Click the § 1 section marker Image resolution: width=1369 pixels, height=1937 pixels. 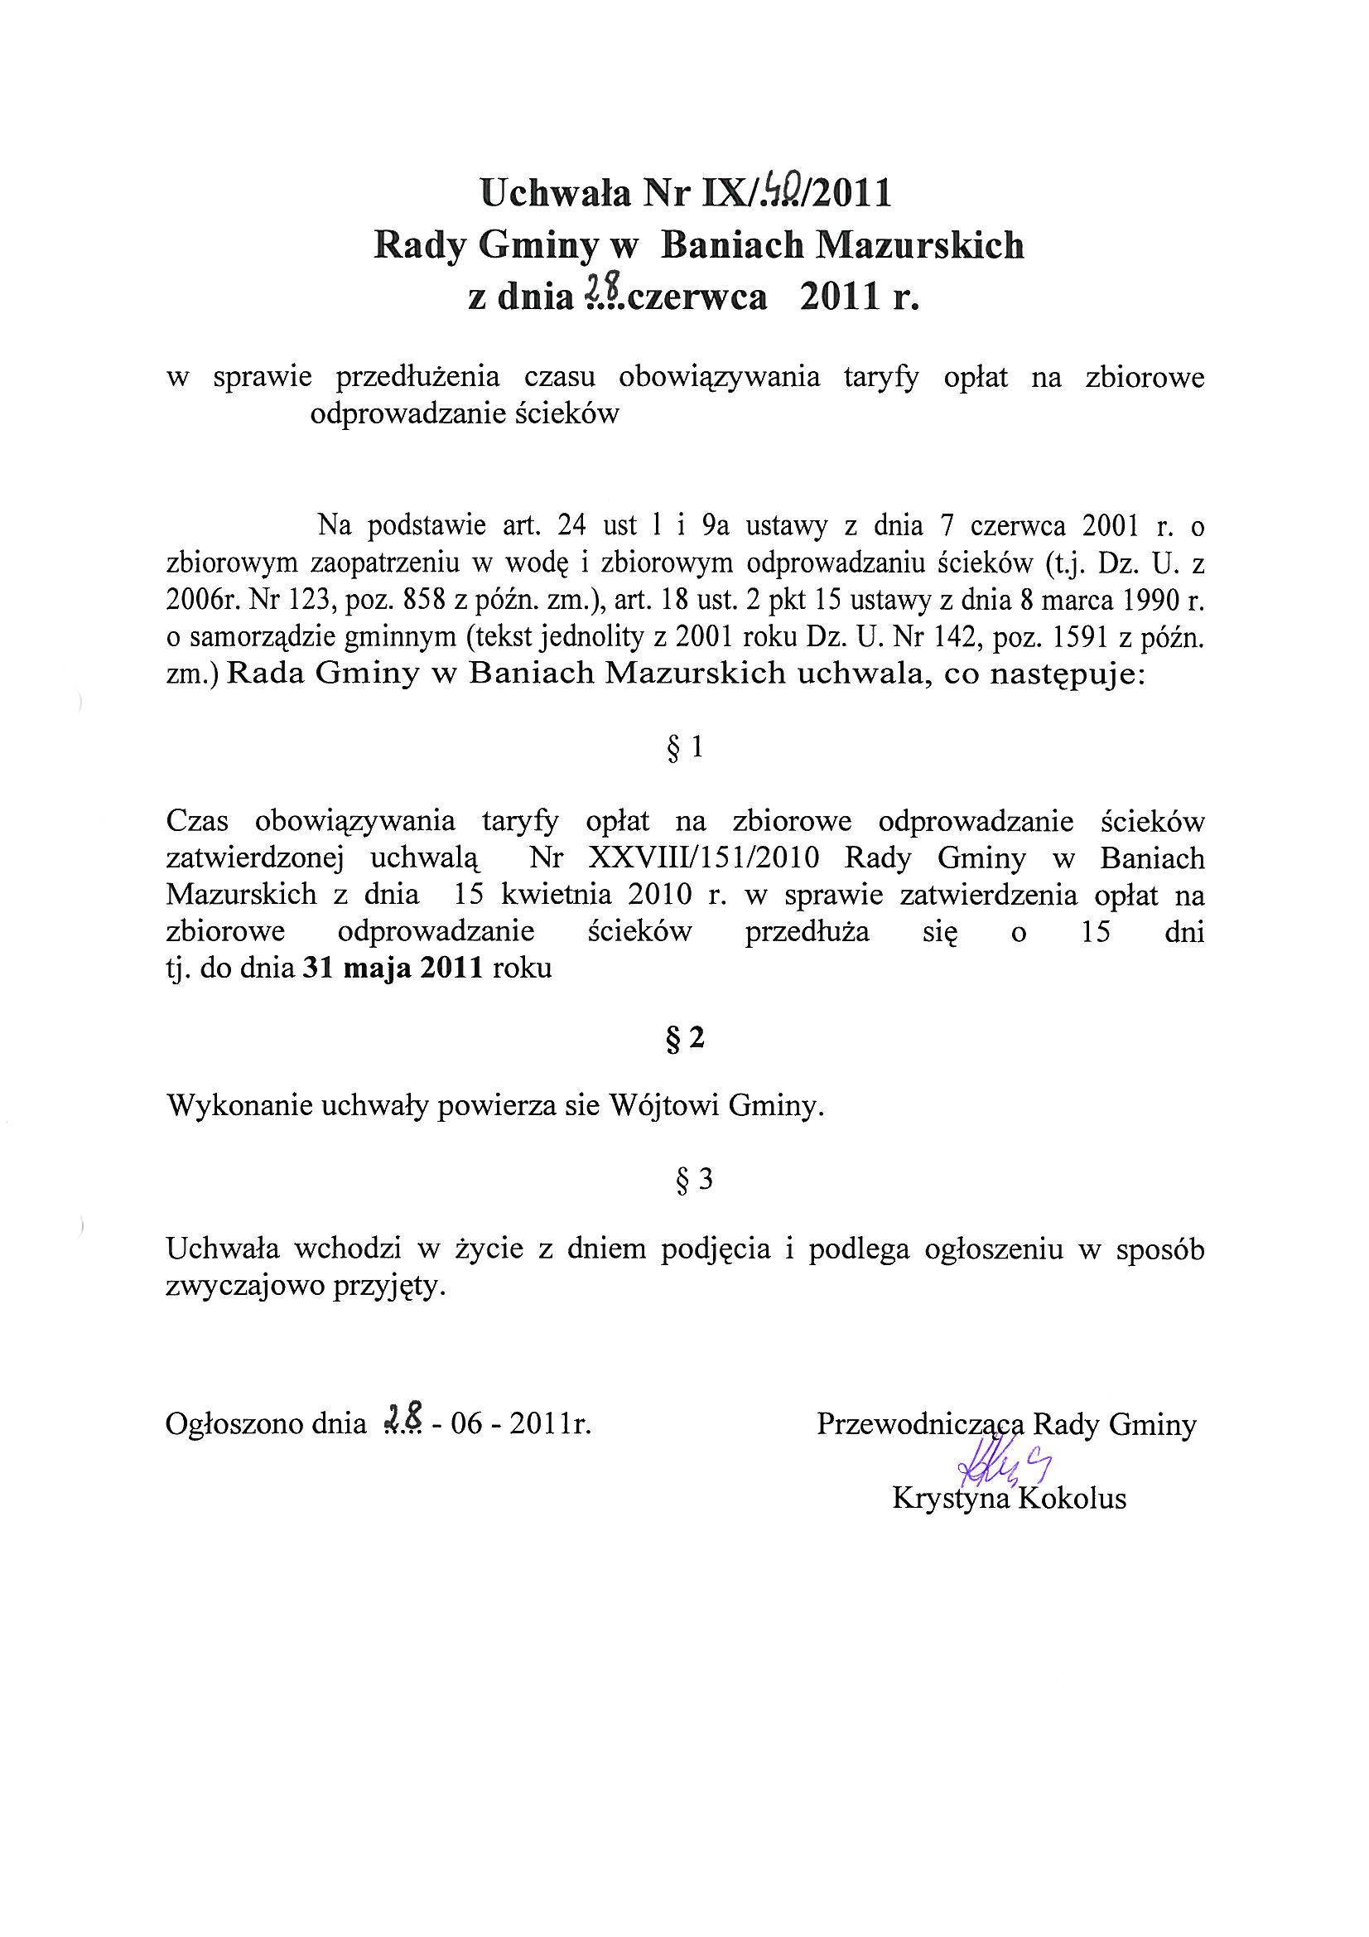(684, 748)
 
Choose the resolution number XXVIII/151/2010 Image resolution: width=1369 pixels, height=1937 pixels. (705, 859)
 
